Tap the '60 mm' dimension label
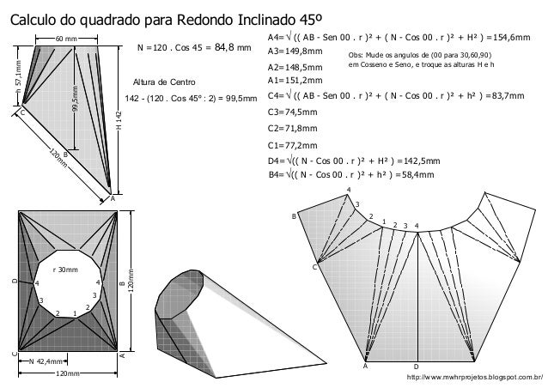(x=64, y=39)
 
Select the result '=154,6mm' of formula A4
(x=508, y=39)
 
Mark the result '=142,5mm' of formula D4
(x=418, y=160)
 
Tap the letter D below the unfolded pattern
(x=416, y=366)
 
